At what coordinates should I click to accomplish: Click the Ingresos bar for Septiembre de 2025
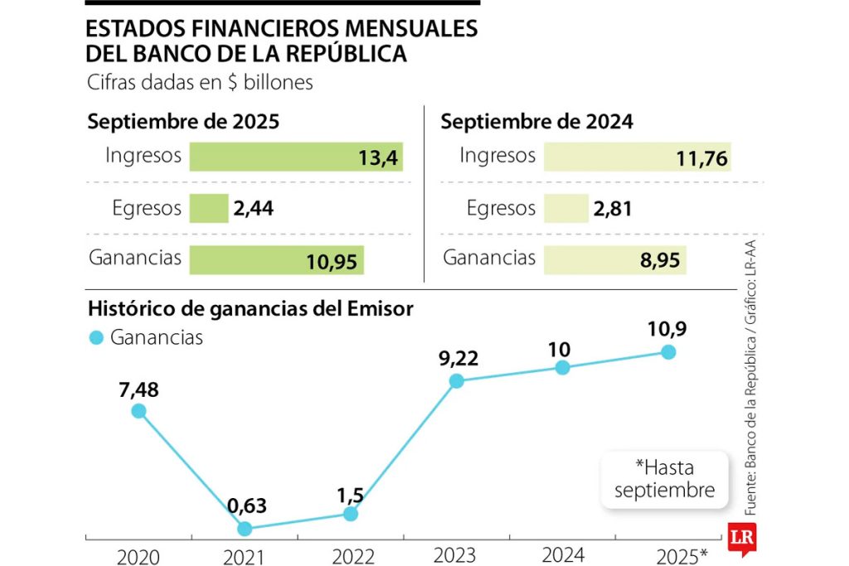(296, 157)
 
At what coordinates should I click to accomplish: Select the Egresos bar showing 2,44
(209, 209)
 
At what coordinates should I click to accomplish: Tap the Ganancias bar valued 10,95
(276, 260)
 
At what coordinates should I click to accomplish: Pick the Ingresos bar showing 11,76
(637, 157)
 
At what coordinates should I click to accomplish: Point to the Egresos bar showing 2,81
(565, 209)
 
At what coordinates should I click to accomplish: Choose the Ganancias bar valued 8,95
(615, 260)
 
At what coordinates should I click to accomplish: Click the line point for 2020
(138, 411)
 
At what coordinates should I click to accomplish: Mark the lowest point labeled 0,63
(245, 528)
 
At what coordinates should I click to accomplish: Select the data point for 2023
(456, 381)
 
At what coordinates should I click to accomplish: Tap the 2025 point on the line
(668, 352)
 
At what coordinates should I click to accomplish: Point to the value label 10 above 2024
(560, 349)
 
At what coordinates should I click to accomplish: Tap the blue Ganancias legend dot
(96, 337)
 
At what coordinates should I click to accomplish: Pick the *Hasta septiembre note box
(664, 479)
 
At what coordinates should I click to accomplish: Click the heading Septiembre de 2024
(536, 122)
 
